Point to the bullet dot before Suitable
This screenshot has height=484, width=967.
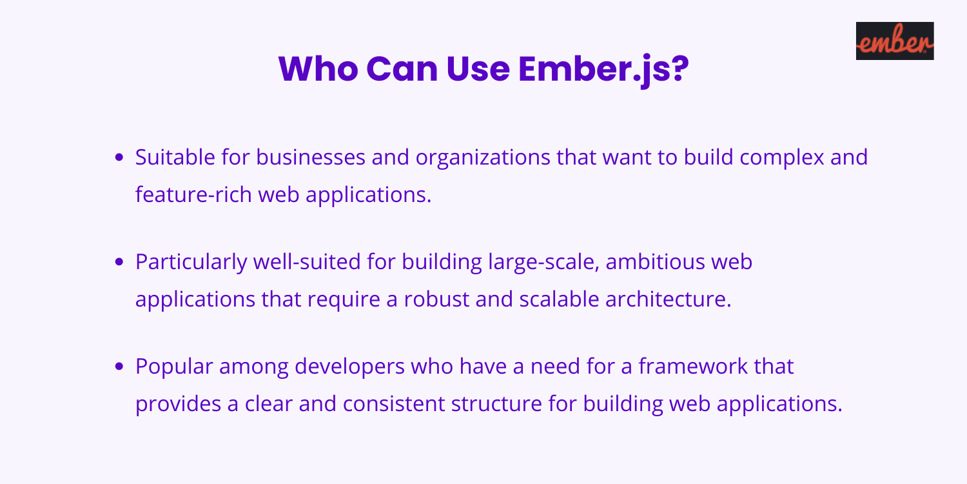point(119,157)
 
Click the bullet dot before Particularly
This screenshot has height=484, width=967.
point(119,263)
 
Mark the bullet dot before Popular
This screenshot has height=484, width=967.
point(119,368)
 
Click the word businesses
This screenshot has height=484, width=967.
point(293,157)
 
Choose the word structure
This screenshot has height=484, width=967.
point(496,405)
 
